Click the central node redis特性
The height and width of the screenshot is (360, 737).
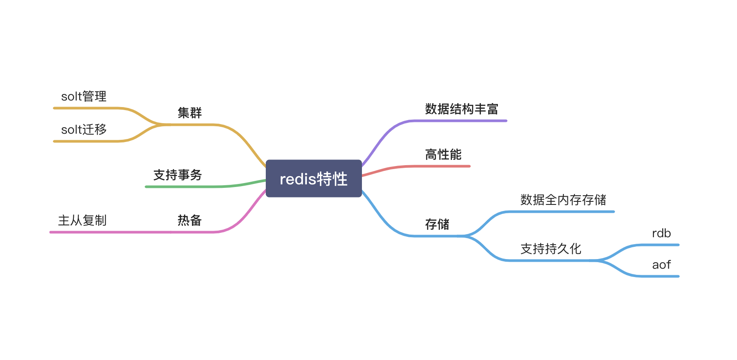[313, 179]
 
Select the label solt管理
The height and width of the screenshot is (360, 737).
[83, 96]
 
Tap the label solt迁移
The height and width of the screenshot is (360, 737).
[83, 129]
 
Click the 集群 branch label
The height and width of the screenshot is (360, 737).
[189, 113]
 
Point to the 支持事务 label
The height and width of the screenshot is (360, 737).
[177, 175]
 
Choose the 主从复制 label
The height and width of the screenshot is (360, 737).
[82, 220]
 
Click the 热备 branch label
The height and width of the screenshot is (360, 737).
[189, 220]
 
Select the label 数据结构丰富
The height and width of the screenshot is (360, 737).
[462, 109]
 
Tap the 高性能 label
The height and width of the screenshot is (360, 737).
[443, 154]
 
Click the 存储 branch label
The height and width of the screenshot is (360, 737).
[437, 224]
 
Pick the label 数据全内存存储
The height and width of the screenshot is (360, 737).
[563, 200]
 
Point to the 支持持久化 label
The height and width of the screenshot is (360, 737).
[551, 249]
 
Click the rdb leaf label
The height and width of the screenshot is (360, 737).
[661, 233]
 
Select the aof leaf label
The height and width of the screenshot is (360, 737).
[661, 265]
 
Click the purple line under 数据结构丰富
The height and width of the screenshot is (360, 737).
[459, 121]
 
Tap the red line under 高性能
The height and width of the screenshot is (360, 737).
[442, 166]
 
